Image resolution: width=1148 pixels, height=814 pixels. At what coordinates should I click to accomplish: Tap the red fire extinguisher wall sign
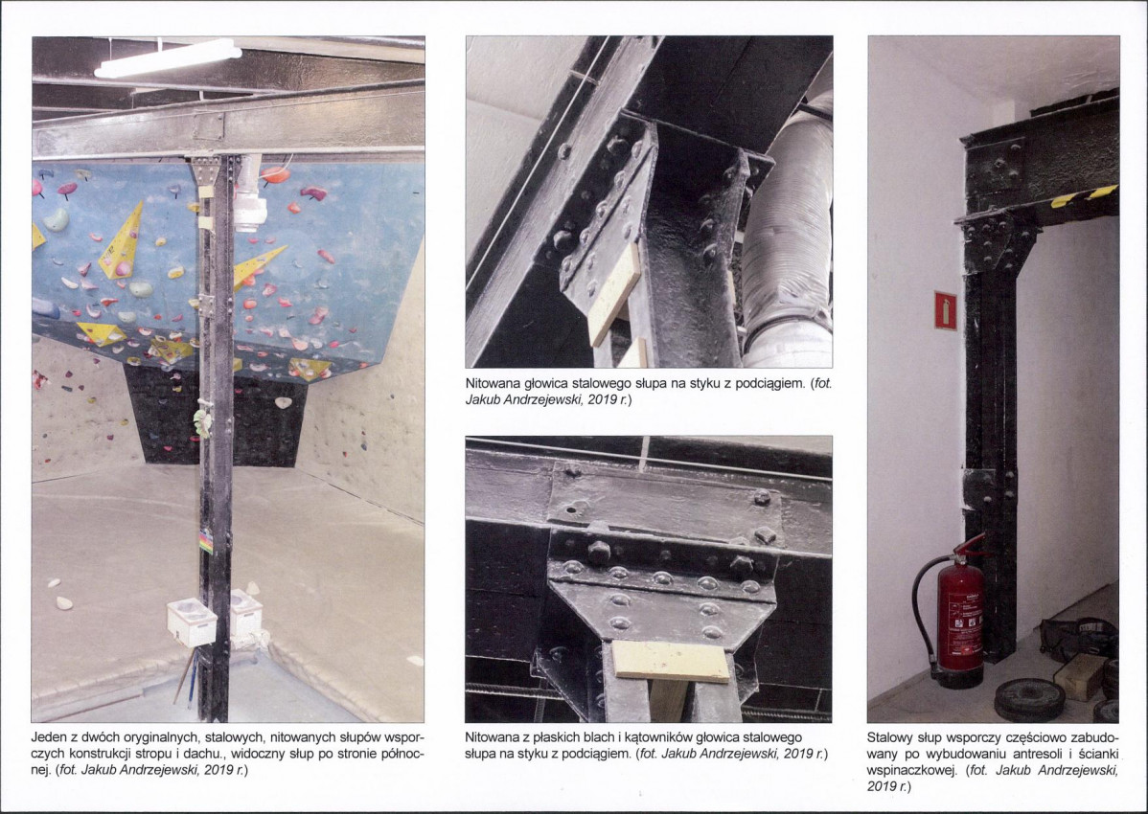click(945, 311)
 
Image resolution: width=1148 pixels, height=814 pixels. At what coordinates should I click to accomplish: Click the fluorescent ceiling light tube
click(168, 58)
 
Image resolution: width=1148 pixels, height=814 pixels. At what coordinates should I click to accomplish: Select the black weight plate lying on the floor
click(1029, 700)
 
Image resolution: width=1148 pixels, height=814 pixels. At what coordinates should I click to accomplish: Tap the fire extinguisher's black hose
click(924, 608)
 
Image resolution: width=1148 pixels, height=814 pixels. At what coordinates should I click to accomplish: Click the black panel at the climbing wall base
click(215, 416)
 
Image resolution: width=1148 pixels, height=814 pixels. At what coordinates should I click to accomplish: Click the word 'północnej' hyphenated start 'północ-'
click(402, 754)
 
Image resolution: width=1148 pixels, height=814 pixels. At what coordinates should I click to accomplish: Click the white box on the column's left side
click(191, 622)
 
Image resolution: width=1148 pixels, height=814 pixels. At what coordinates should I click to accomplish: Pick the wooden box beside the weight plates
click(1079, 675)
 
